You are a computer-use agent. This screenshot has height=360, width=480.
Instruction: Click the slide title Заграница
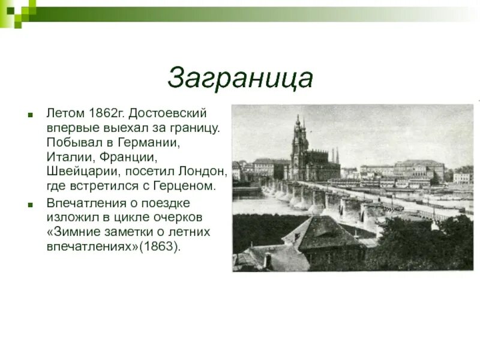[240, 79]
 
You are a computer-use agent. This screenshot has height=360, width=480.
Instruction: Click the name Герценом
[186, 186]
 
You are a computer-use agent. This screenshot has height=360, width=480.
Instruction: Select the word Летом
[65, 113]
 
